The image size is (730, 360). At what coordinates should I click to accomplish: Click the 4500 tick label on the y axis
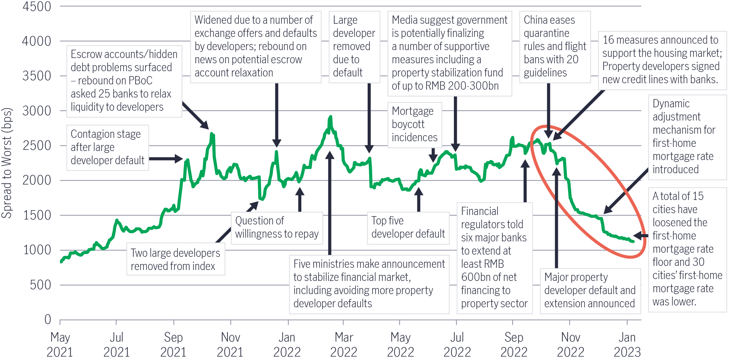37,7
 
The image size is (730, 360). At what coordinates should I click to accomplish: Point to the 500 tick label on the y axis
41,285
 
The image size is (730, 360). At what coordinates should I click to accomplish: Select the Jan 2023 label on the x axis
627,345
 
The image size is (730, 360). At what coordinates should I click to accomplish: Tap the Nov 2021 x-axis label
230,345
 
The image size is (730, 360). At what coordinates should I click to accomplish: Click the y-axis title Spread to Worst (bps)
7,163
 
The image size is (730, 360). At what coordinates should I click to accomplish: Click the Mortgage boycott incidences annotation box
414,124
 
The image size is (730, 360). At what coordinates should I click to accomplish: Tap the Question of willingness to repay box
277,227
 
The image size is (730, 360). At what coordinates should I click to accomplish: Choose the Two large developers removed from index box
176,259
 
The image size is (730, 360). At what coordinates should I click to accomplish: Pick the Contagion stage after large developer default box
107,147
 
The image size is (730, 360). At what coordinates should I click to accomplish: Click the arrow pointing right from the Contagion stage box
166,159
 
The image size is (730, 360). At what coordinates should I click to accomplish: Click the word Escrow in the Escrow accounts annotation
86,54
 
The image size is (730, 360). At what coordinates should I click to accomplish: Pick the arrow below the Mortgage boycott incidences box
434,155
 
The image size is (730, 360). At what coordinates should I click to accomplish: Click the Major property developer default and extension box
590,290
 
